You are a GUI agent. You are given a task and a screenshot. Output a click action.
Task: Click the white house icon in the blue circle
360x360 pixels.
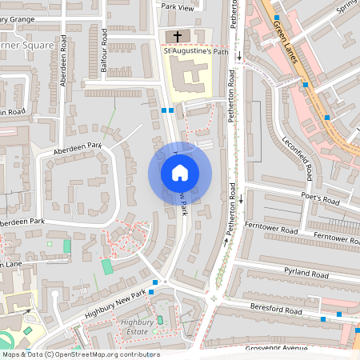click(180, 172)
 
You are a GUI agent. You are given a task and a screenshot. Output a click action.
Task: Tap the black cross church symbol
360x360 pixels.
click(177, 36)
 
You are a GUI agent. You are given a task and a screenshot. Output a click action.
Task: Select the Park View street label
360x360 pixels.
click(178, 7)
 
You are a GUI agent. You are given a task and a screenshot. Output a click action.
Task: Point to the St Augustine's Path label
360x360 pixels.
click(196, 52)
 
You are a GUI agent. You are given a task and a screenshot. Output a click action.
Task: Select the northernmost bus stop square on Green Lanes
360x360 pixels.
click(277, 17)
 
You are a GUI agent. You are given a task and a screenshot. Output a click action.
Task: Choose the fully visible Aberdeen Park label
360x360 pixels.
click(78, 146)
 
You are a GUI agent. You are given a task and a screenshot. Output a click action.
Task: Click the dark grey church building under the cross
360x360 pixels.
click(177, 37)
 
